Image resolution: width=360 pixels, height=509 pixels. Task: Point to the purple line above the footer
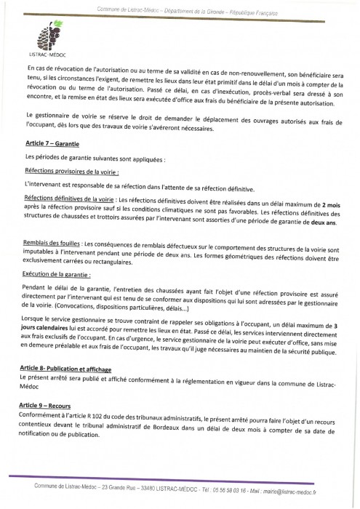click(180, 477)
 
